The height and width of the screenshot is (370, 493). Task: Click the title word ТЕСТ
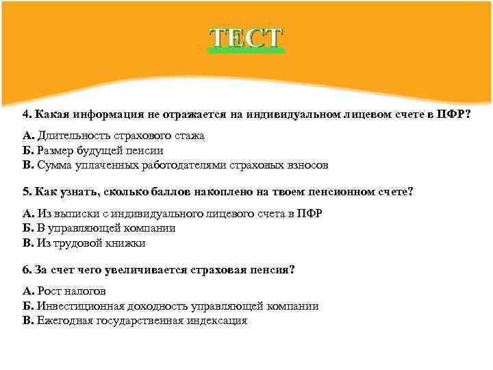point(246,38)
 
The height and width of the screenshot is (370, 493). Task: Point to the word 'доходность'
point(154,306)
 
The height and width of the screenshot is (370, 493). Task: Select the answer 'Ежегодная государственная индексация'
point(134,321)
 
